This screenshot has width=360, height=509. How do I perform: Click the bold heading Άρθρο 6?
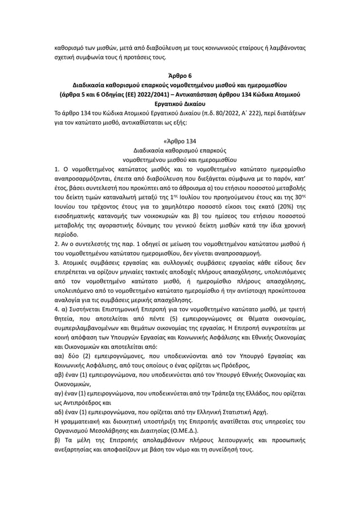coord(180,76)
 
